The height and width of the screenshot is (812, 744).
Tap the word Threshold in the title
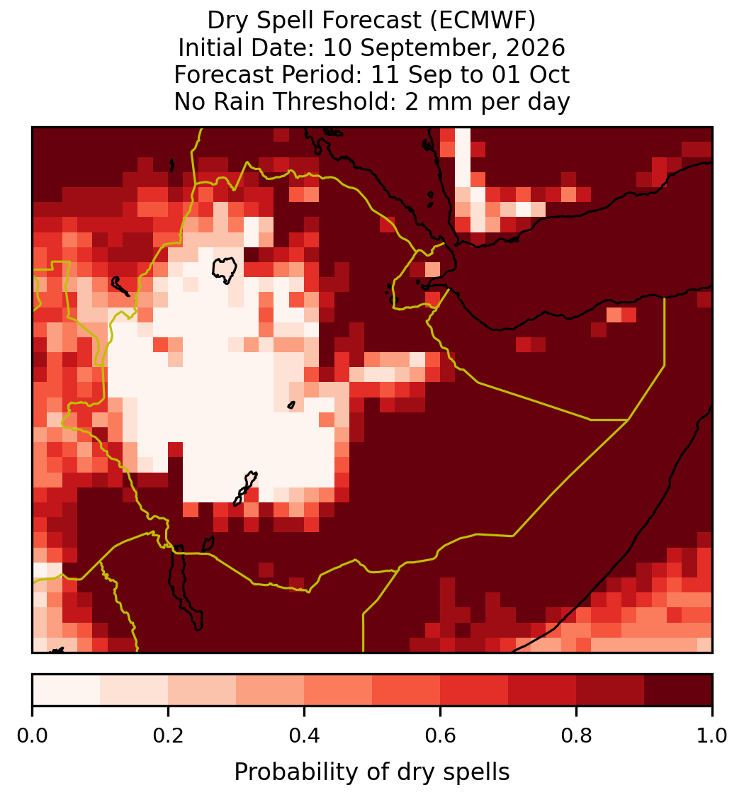(x=348, y=101)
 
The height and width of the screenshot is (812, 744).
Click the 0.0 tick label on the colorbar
(x=32, y=736)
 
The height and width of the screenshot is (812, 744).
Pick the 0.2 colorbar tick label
(x=168, y=736)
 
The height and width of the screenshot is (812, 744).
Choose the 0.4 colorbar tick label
(x=305, y=736)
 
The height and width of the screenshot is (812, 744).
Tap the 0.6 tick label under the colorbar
(x=441, y=736)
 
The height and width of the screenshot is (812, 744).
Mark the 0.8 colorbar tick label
(x=577, y=736)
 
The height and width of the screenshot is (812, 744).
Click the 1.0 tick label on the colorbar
(x=712, y=736)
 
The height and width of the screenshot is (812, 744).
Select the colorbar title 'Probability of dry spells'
(x=372, y=772)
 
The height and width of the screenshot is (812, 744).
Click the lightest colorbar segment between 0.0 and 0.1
(x=67, y=690)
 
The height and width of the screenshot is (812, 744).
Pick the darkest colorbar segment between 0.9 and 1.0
(x=678, y=690)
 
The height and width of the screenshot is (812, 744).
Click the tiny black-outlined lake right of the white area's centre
(x=291, y=405)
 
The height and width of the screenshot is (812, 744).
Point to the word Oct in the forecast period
(x=549, y=74)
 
